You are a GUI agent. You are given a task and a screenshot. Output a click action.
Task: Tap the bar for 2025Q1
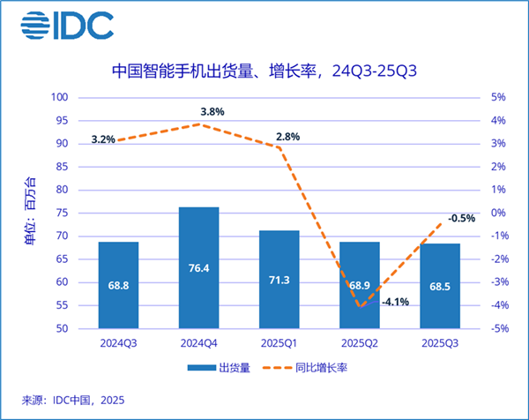tap(279, 279)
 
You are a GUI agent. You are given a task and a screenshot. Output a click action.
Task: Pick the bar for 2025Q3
tap(441, 286)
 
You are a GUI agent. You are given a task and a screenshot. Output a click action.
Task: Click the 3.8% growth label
tap(212, 112)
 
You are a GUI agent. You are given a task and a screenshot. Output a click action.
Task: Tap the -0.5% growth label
tap(462, 217)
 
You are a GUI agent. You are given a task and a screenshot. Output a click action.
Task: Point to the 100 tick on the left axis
tap(61, 97)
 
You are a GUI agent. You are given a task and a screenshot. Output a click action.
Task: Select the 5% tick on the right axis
tap(498, 97)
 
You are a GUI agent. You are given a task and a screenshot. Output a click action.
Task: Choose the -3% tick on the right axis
tap(498, 282)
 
